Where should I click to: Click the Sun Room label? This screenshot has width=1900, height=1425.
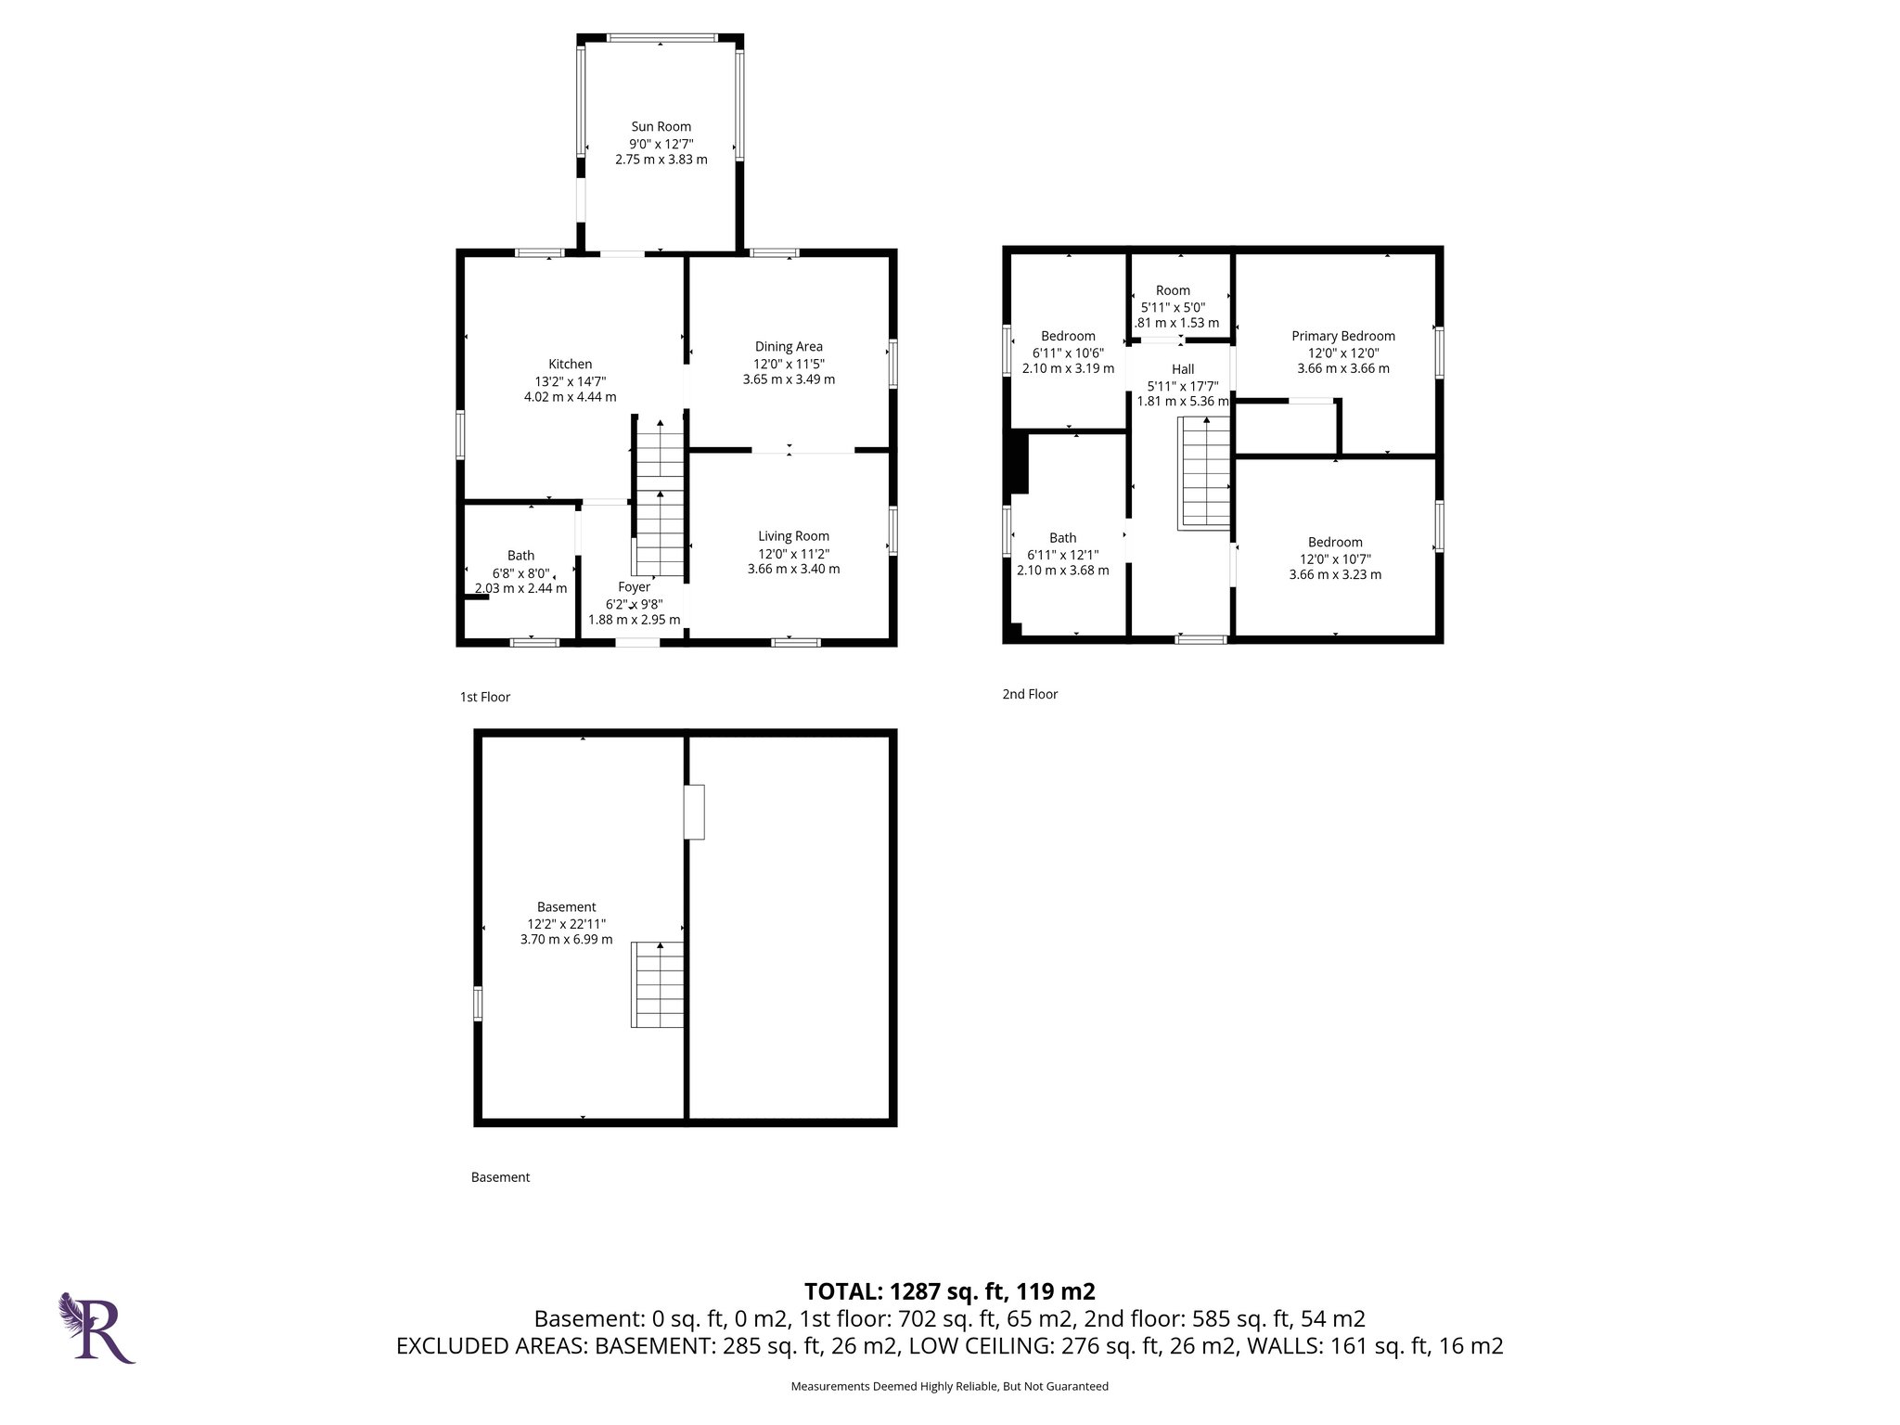(661, 127)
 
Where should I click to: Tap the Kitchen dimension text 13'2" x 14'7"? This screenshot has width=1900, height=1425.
(570, 381)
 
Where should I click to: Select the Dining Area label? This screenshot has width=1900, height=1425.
(789, 347)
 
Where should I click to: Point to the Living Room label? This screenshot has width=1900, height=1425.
(793, 536)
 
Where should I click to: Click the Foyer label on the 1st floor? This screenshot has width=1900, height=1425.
(634, 587)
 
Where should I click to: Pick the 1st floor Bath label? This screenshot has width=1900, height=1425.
(520, 556)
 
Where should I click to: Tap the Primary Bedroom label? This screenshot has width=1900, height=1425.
(1342, 337)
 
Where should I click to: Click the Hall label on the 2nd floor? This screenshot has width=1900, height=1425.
(1182, 369)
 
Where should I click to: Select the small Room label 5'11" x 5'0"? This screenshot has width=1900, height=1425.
(1173, 291)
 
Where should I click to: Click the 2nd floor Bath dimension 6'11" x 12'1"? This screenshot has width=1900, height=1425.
(1062, 555)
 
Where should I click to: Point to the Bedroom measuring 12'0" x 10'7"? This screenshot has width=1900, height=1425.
(1335, 543)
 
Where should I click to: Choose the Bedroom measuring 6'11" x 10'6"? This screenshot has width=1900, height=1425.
(1068, 337)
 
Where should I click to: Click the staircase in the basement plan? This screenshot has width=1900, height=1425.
(658, 984)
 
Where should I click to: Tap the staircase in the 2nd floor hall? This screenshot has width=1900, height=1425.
(1204, 473)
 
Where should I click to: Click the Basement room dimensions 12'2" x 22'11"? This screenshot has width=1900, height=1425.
(566, 924)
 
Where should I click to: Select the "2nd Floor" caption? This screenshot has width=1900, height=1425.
(1030, 694)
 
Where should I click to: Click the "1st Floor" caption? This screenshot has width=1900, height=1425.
(485, 697)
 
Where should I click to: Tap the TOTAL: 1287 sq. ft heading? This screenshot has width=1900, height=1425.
(949, 1291)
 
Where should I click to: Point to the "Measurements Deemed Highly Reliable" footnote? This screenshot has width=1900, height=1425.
(949, 1386)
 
